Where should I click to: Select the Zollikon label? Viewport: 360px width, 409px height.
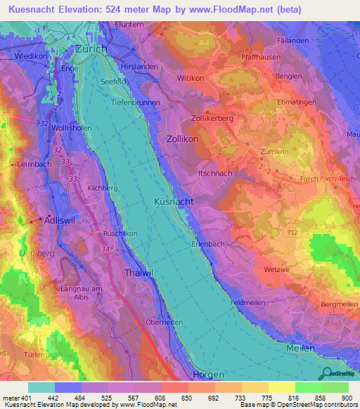[182, 140]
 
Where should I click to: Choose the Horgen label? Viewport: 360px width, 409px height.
[208, 375]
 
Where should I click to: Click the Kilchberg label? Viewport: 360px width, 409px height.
[102, 188]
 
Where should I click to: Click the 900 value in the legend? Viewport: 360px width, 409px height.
[345, 398]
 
